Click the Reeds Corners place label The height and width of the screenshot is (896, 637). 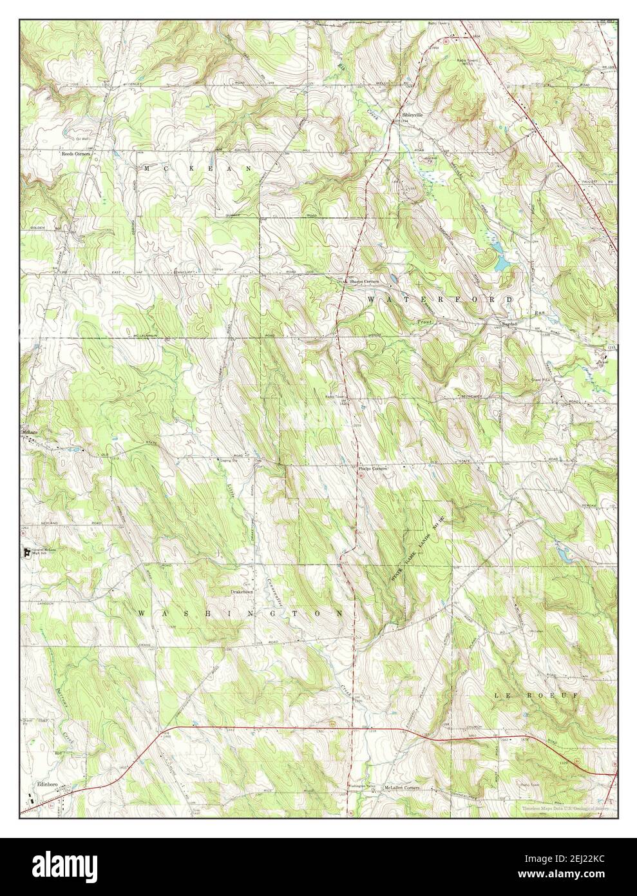75,155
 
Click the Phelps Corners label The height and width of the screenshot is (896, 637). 372,469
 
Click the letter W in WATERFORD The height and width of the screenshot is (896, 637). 372,300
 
